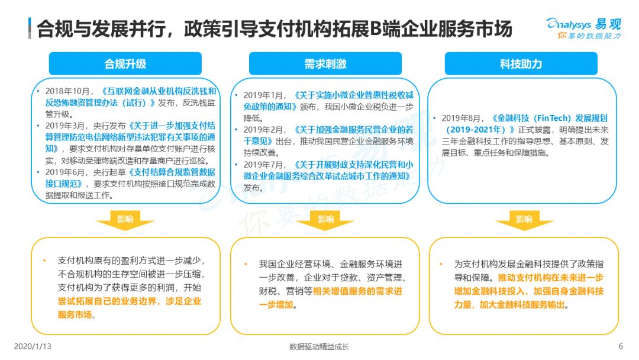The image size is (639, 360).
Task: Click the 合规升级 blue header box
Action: tap(125, 63)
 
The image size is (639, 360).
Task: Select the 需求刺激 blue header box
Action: tap(325, 63)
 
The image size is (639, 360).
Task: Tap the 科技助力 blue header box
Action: tap(521, 63)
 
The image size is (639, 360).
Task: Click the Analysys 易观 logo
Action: tap(584, 28)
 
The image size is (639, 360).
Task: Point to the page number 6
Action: tap(620, 346)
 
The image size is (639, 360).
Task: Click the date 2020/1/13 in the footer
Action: tap(33, 346)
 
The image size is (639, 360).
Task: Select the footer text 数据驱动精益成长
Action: tap(319, 346)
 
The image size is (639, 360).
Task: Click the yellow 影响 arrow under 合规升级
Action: tap(125, 220)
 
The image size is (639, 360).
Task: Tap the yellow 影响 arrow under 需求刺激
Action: tap(325, 220)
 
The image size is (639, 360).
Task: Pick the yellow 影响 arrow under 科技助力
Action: tap(524, 220)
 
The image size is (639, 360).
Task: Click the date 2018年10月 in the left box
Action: tap(67, 91)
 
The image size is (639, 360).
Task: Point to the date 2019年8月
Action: tap(460, 118)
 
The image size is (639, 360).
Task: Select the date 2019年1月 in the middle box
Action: tap(263, 95)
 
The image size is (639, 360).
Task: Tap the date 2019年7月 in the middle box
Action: tap(263, 165)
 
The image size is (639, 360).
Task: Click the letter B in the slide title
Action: tap(375, 29)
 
